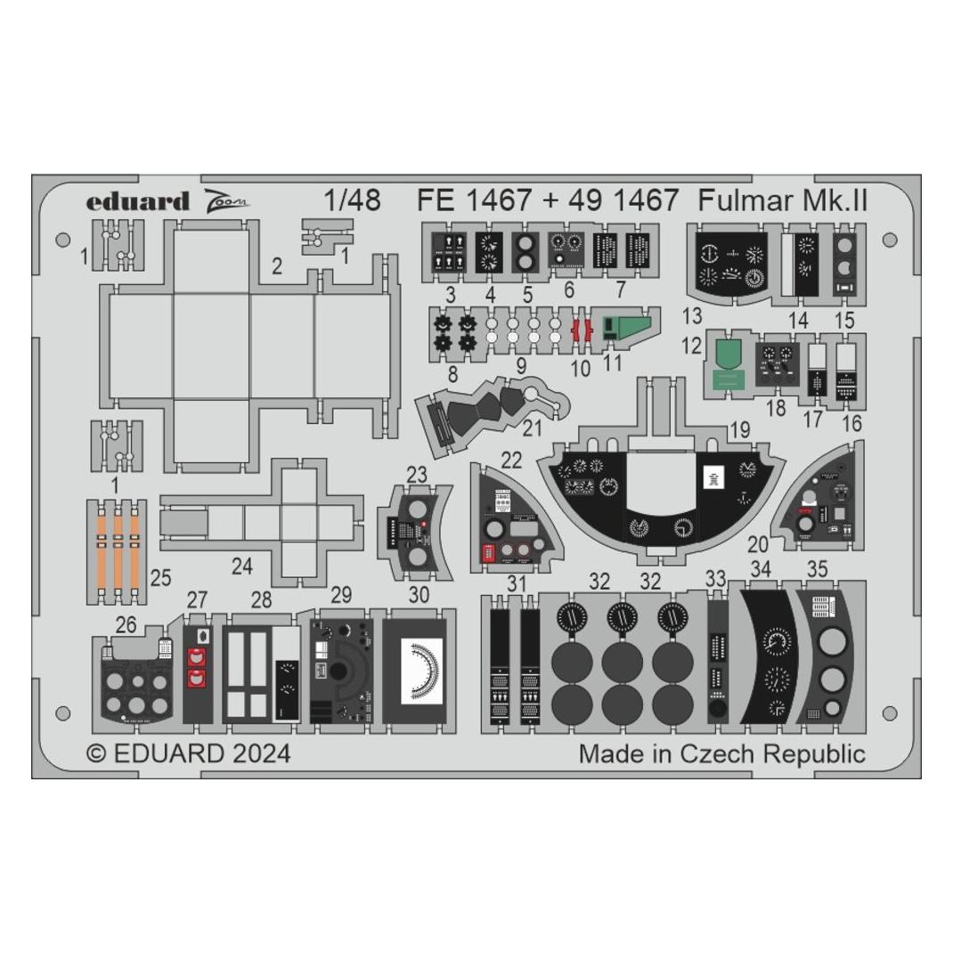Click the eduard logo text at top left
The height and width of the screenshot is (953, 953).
(x=137, y=201)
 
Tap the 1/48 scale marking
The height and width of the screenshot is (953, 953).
(x=353, y=200)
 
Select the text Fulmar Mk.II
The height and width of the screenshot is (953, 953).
(x=783, y=200)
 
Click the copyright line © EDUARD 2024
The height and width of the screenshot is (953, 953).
(x=189, y=753)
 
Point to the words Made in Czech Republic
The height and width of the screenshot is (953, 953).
(x=722, y=753)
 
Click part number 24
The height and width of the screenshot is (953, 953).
(x=242, y=566)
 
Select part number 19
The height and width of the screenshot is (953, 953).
(x=739, y=430)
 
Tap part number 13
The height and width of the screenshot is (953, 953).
(x=692, y=316)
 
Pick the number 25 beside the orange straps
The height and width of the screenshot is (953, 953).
(x=160, y=577)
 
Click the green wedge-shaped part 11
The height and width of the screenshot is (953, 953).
(x=626, y=327)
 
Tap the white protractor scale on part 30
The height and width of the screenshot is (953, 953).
(x=423, y=671)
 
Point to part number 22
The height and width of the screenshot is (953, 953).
(x=511, y=460)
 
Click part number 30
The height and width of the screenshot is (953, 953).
(x=419, y=594)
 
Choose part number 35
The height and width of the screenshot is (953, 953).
(x=818, y=569)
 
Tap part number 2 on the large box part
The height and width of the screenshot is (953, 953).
(x=277, y=266)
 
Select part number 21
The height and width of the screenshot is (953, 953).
(x=532, y=428)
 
